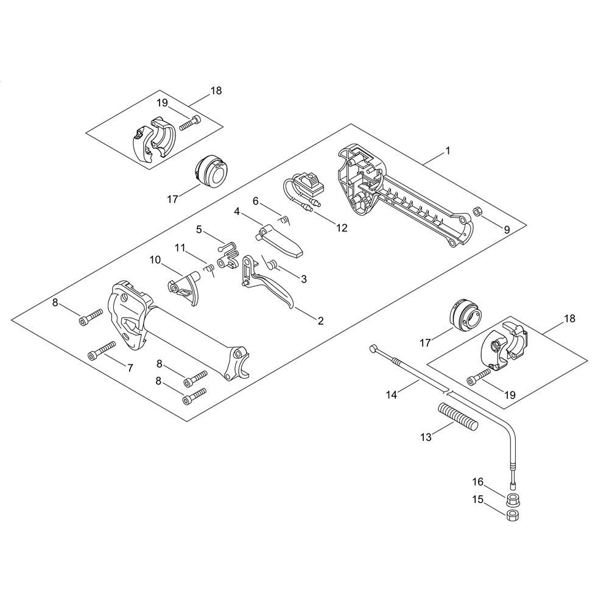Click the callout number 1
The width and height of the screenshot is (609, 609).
tap(448, 150)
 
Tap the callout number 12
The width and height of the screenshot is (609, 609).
tap(342, 228)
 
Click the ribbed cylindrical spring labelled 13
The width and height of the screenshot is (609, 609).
tap(459, 417)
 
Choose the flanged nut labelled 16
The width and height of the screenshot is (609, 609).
tap(513, 500)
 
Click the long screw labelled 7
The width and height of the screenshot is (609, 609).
tap(102, 350)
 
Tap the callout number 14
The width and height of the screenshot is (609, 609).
tap(392, 395)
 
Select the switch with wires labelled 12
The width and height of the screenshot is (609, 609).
tap(304, 189)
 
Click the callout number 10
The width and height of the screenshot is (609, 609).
tap(155, 259)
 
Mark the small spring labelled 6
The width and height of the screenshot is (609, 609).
tap(286, 220)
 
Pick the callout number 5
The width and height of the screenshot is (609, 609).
tap(199, 230)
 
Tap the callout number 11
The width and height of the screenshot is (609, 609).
tap(180, 247)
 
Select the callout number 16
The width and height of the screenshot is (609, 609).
tap(477, 482)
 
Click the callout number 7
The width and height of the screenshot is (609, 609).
tap(130, 367)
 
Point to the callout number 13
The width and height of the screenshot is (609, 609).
tap(426, 437)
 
